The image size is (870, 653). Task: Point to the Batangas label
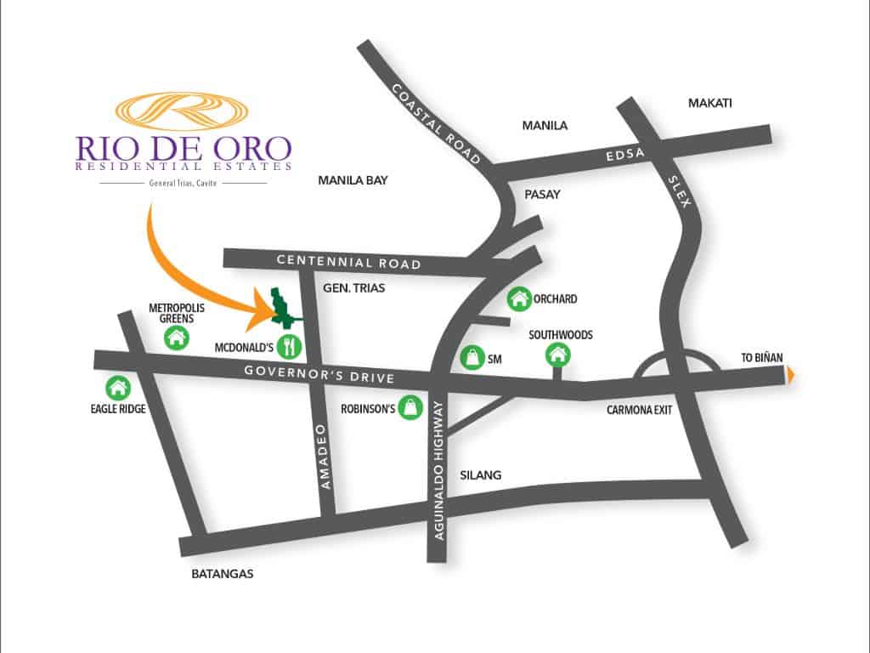click(223, 574)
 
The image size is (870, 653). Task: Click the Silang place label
click(480, 476)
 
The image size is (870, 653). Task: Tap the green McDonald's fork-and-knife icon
click(291, 346)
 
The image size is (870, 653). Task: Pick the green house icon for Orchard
click(518, 298)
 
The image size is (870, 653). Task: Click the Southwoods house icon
click(558, 355)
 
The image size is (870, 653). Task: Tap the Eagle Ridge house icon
click(117, 388)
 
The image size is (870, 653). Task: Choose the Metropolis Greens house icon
click(177, 338)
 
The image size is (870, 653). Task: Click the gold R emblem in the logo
click(181, 112)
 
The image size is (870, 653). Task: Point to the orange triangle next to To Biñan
click(792, 373)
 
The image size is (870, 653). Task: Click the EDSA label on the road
click(624, 154)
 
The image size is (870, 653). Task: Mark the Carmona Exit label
click(639, 409)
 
